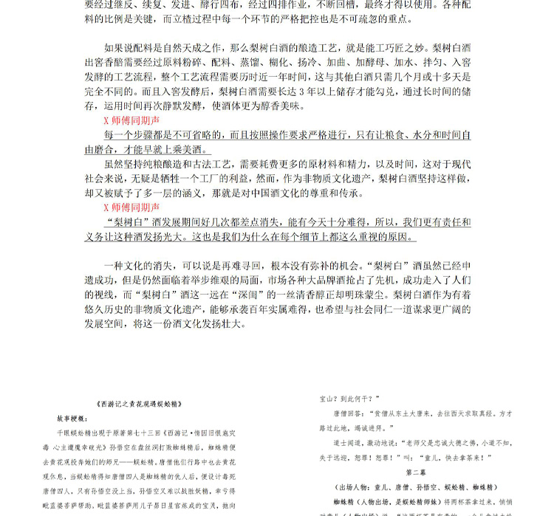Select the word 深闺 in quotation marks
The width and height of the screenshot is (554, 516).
coord(260,294)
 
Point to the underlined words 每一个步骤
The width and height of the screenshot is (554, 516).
coord(134,136)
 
